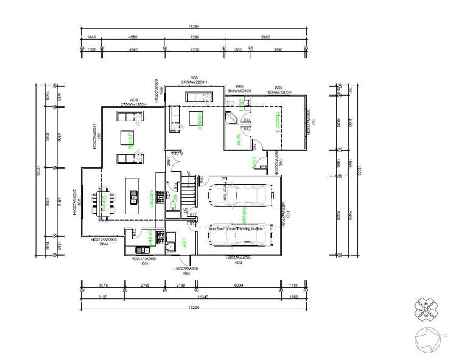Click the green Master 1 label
tap(277, 121)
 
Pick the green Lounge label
tap(200, 121)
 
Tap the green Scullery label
tap(150, 237)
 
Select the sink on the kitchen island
tap(133, 196)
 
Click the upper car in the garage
tap(237, 196)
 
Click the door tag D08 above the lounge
tap(194, 77)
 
